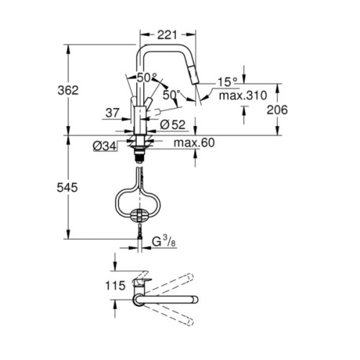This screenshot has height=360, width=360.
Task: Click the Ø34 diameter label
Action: [104, 147]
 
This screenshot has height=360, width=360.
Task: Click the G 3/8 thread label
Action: [163, 243]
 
